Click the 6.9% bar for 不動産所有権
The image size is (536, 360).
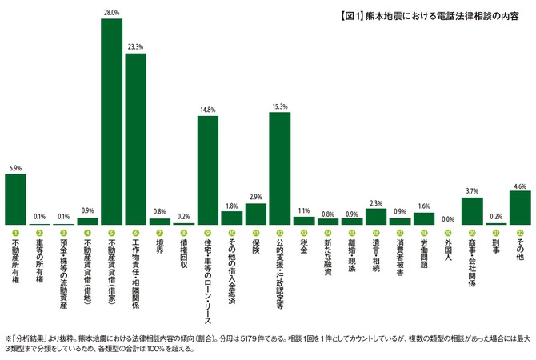tap(16, 199)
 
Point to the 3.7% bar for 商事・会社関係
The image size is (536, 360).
tap(472, 211)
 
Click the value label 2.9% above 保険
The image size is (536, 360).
tap(256, 197)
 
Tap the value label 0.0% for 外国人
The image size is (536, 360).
tap(448, 218)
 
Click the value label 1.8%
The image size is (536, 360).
tap(232, 206)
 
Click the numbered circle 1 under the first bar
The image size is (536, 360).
tap(16, 232)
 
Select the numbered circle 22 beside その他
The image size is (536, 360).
tap(520, 232)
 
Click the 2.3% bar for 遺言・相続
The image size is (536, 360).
tap(376, 217)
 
